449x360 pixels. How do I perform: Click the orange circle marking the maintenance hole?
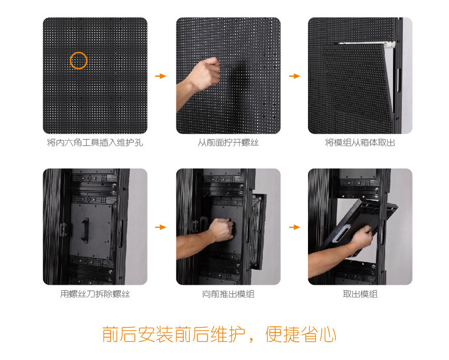click(x=78, y=52)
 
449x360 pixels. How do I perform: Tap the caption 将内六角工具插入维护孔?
click(x=95, y=142)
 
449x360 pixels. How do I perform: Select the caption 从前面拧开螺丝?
click(x=228, y=142)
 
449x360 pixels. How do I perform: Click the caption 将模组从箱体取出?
click(x=360, y=142)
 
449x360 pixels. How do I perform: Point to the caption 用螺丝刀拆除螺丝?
click(x=95, y=294)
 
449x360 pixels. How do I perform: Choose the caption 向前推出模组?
click(x=228, y=294)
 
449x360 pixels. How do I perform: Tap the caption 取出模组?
click(x=360, y=294)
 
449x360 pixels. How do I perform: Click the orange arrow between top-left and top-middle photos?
click(x=161, y=76)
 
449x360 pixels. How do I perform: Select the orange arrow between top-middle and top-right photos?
click(x=294, y=76)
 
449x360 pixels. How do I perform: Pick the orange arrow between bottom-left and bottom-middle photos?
click(x=161, y=227)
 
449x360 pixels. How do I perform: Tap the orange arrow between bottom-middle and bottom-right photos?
click(x=294, y=227)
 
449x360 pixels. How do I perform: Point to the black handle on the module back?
click(x=85, y=230)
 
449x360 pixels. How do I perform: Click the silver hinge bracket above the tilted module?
click(x=367, y=44)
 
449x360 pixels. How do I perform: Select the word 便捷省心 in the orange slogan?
click(x=300, y=334)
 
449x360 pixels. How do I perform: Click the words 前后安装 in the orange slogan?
click(x=137, y=334)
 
